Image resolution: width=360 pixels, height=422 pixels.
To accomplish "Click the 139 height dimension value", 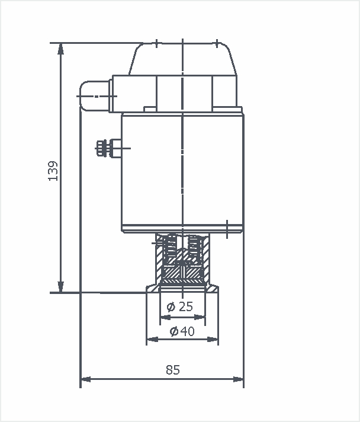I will pos(54,171).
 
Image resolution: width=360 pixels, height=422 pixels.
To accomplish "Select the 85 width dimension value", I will pos(172,370).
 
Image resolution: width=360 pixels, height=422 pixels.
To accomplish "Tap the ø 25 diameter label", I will pos(181,306).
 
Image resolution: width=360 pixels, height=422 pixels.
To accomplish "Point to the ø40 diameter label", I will pos(182,331).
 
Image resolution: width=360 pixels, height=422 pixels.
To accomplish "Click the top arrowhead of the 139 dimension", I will pos(60,48).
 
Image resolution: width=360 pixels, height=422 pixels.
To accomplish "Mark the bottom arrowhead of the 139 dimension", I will pos(60,287).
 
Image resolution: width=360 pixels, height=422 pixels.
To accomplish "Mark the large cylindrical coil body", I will pos(182,172).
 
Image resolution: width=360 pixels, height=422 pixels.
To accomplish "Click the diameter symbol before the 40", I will pos(174,331).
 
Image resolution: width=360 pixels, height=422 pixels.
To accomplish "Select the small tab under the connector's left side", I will pos(150,109).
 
